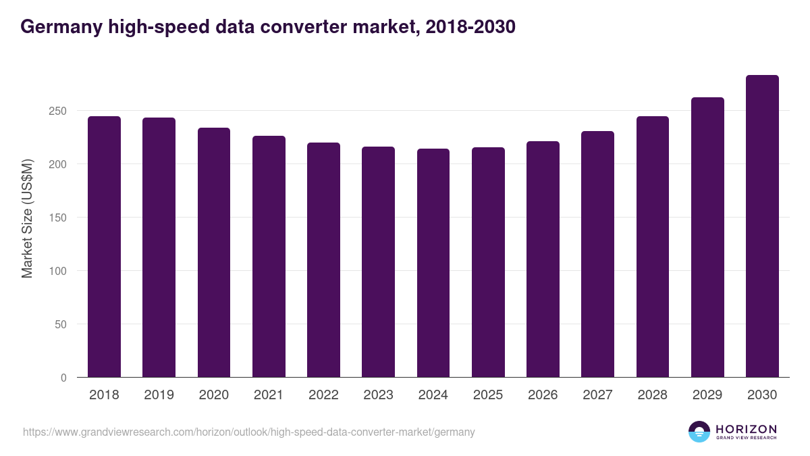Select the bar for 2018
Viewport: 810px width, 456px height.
[104, 247]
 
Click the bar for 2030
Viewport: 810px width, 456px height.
[762, 226]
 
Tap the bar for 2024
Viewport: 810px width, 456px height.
[433, 263]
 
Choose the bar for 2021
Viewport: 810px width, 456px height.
[269, 257]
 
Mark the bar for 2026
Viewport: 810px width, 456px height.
[543, 259]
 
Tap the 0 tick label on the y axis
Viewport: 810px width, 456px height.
[63, 378]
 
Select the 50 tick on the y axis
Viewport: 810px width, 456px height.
[61, 324]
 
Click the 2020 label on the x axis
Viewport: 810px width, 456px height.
[213, 395]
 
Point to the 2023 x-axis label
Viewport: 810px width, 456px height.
[378, 395]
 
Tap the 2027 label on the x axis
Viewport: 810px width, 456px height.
[597, 395]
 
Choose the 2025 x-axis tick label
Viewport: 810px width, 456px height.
[488, 395]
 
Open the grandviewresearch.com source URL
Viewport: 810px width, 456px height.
[249, 432]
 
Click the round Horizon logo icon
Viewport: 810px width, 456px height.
[699, 432]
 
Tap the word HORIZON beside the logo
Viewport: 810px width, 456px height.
[746, 429]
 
